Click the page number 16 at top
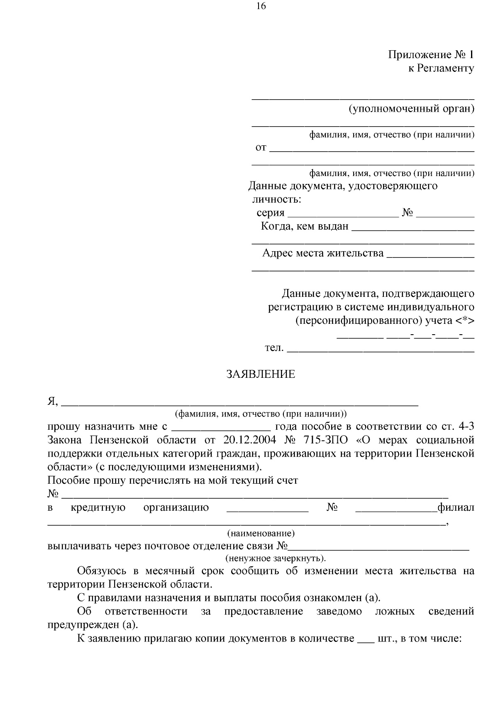click(261, 6)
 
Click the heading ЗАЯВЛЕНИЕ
click(261, 375)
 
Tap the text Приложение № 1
click(431, 55)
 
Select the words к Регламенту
click(441, 69)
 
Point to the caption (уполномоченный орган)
click(411, 109)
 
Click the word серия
click(270, 213)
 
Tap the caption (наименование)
click(261, 533)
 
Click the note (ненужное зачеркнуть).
click(276, 558)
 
